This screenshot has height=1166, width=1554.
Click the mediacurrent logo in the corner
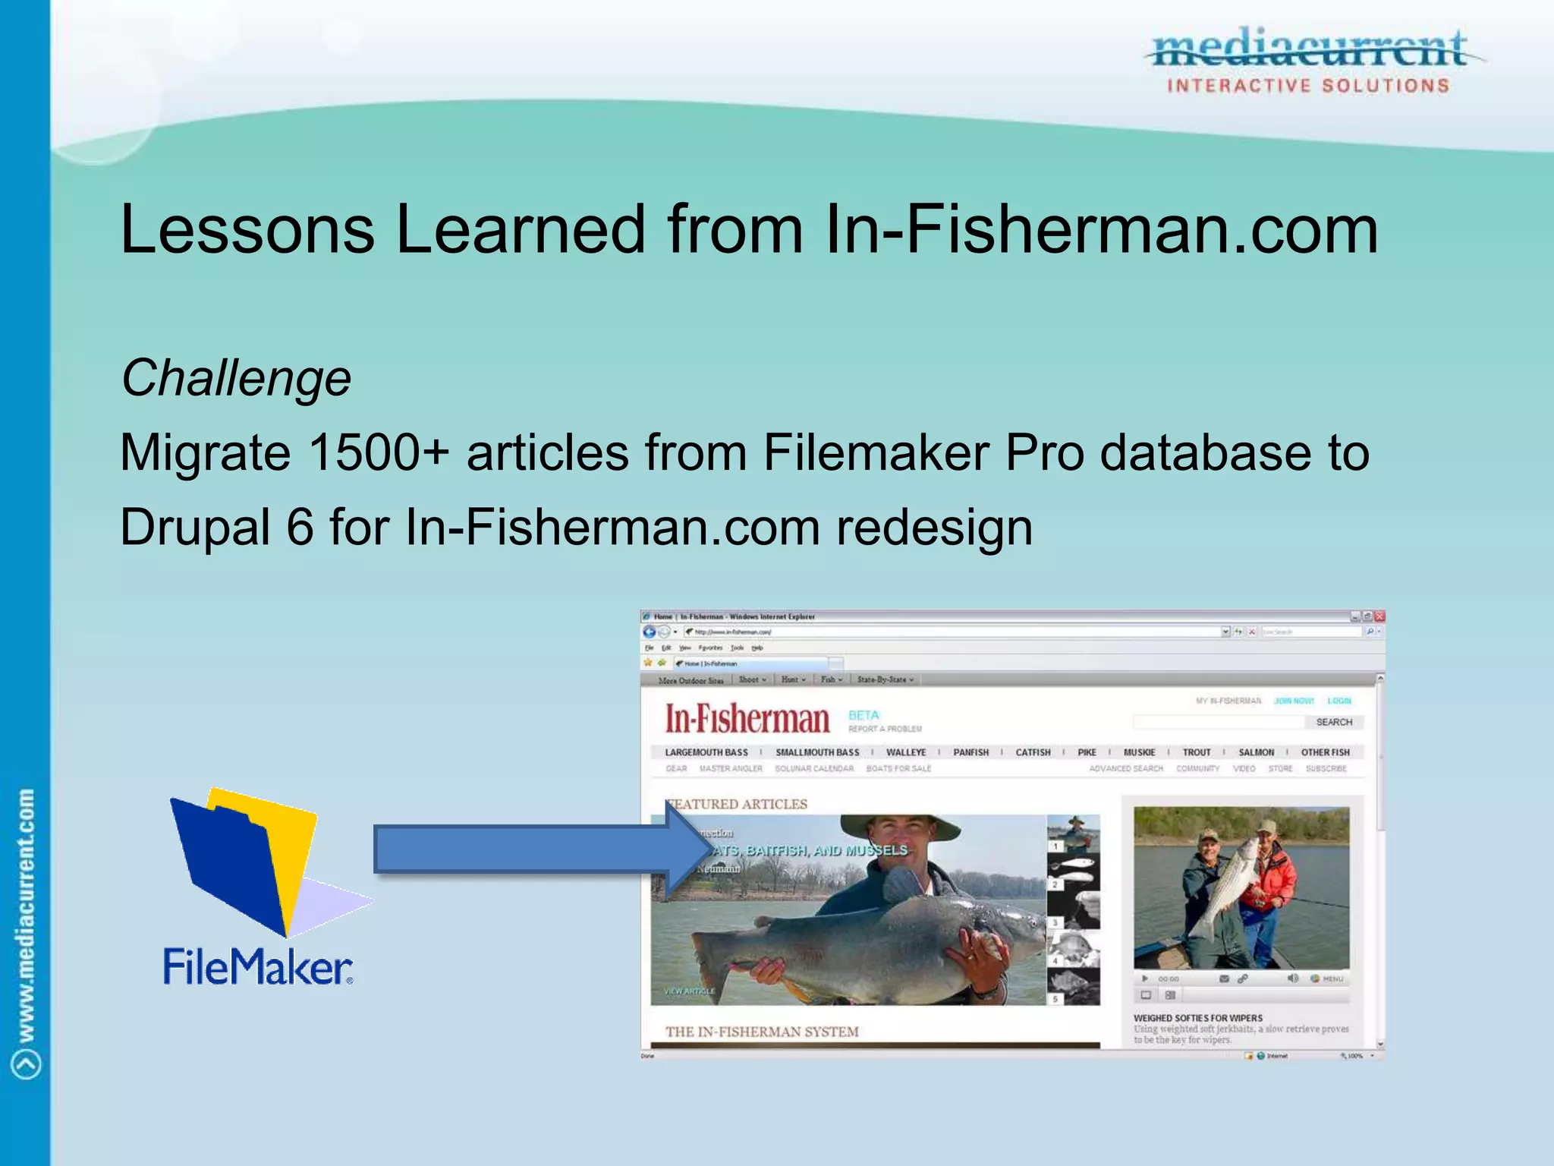[1309, 61]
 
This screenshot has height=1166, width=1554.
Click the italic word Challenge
[236, 378]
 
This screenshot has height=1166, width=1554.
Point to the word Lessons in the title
[247, 229]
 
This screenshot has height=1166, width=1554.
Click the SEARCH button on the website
[1334, 722]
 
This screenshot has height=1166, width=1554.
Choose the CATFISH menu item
[1033, 752]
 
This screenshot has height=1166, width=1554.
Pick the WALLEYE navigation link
[906, 752]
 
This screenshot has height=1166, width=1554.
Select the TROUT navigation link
[1197, 752]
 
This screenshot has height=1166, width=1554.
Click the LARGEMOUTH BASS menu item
[706, 752]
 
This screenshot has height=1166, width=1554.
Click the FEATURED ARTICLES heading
[738, 804]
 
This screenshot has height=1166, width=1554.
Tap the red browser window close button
[1379, 616]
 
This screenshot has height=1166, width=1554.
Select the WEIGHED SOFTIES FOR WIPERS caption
[1198, 1018]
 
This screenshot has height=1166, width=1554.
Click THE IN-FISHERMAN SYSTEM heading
[762, 1032]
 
